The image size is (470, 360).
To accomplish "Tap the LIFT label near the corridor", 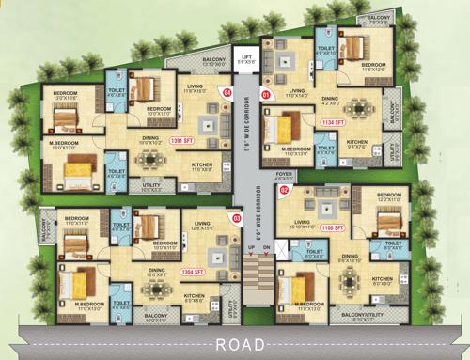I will [247, 58].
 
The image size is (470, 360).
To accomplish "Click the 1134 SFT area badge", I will [333, 122].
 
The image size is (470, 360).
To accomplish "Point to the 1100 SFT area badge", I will [333, 228].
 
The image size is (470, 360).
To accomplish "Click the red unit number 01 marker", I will [265, 94].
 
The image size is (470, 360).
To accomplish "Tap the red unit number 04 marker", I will [226, 92].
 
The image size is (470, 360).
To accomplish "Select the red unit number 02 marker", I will [284, 190].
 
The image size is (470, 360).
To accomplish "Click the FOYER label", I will [284, 175].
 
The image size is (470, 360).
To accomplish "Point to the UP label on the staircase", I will [250, 247].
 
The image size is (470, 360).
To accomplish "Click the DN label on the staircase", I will [266, 247].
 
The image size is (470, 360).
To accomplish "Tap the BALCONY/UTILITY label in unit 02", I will [364, 316].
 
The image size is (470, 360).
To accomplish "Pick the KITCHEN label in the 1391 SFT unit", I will [202, 164].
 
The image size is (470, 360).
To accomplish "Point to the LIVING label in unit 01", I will [298, 91].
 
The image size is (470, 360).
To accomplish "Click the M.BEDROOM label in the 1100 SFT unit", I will [310, 304].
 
